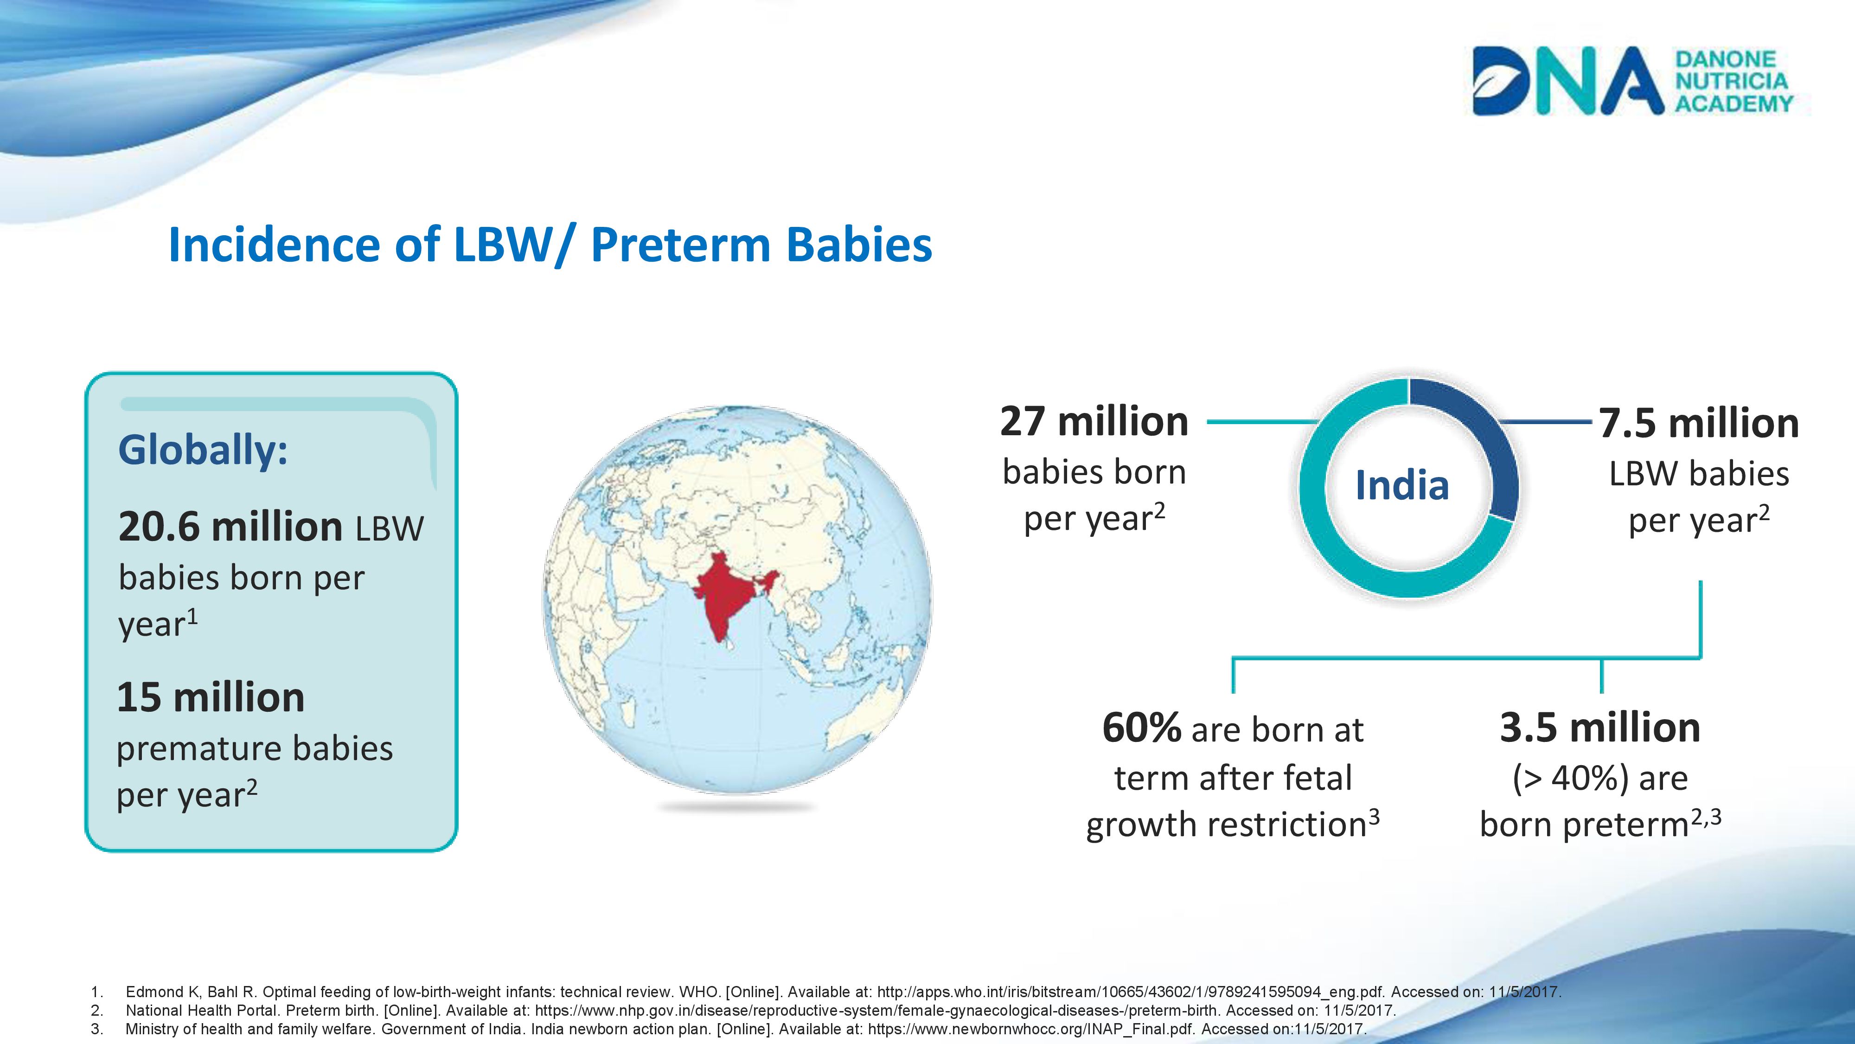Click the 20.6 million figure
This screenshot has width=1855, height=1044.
point(230,526)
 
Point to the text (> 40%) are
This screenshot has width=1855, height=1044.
point(1600,778)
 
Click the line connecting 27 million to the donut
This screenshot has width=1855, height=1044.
point(1261,421)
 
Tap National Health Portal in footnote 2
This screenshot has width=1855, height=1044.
point(202,1010)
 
